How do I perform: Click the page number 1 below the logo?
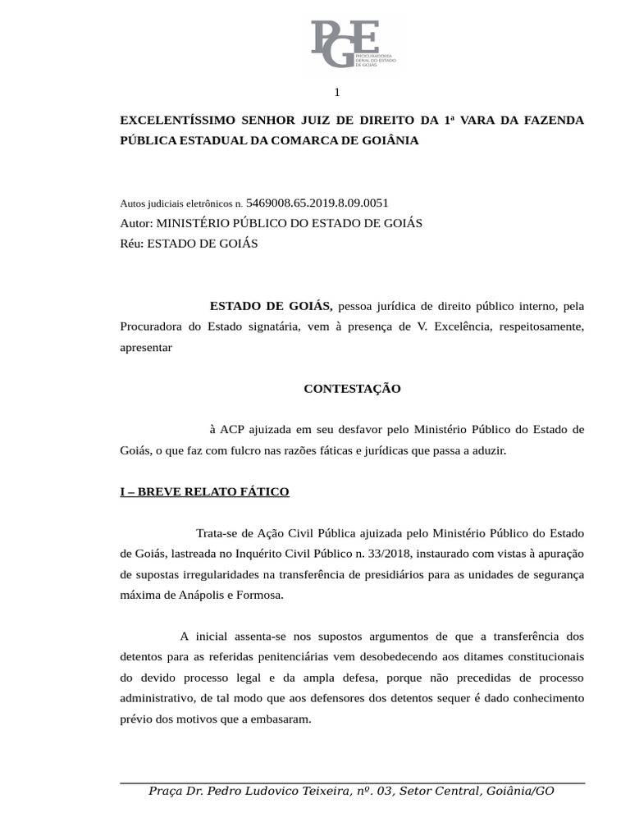336,92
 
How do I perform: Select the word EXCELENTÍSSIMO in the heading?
169,120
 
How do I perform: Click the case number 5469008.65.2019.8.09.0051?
317,202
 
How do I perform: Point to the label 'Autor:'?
136,223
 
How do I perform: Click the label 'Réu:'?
132,243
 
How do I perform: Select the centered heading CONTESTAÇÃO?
352,389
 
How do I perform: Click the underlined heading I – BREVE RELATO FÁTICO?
204,492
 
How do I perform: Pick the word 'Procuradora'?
150,326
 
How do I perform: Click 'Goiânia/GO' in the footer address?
520,791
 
